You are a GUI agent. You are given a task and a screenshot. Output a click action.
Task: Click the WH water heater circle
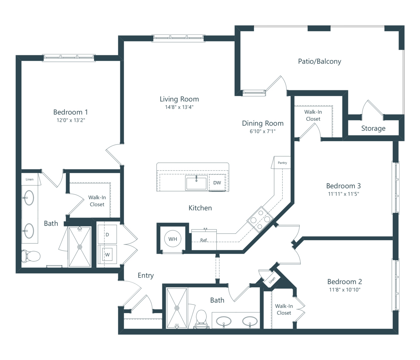point(173,239)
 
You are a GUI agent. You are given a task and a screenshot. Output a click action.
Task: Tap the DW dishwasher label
point(217,183)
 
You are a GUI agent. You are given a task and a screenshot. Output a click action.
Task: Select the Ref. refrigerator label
point(204,240)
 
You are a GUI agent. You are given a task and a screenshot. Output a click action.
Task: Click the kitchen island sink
point(196,183)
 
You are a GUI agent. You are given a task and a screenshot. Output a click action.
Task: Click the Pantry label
point(282,163)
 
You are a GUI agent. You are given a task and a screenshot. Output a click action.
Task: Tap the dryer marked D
point(107,234)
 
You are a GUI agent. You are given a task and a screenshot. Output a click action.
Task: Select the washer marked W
point(107,254)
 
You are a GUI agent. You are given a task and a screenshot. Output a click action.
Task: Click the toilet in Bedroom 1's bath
point(31,257)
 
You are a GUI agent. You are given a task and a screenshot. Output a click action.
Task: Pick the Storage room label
point(373,128)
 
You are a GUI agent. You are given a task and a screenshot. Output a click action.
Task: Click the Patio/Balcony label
point(319,61)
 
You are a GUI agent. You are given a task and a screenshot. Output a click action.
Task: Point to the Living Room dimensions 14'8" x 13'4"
point(179,107)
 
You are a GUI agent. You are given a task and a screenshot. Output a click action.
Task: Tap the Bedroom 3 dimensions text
point(343,194)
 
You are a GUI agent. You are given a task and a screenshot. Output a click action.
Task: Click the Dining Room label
point(263,123)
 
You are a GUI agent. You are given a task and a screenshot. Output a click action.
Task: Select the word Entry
point(146,275)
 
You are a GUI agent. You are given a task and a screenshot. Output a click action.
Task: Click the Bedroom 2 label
point(345,281)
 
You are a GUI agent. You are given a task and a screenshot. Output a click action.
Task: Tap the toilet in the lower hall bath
point(202,319)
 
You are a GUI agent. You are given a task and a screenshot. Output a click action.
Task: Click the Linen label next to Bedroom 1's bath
point(30,179)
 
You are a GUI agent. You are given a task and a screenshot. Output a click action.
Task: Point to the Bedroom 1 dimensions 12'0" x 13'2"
point(71,120)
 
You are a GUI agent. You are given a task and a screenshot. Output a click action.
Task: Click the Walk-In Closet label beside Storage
point(313,115)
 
